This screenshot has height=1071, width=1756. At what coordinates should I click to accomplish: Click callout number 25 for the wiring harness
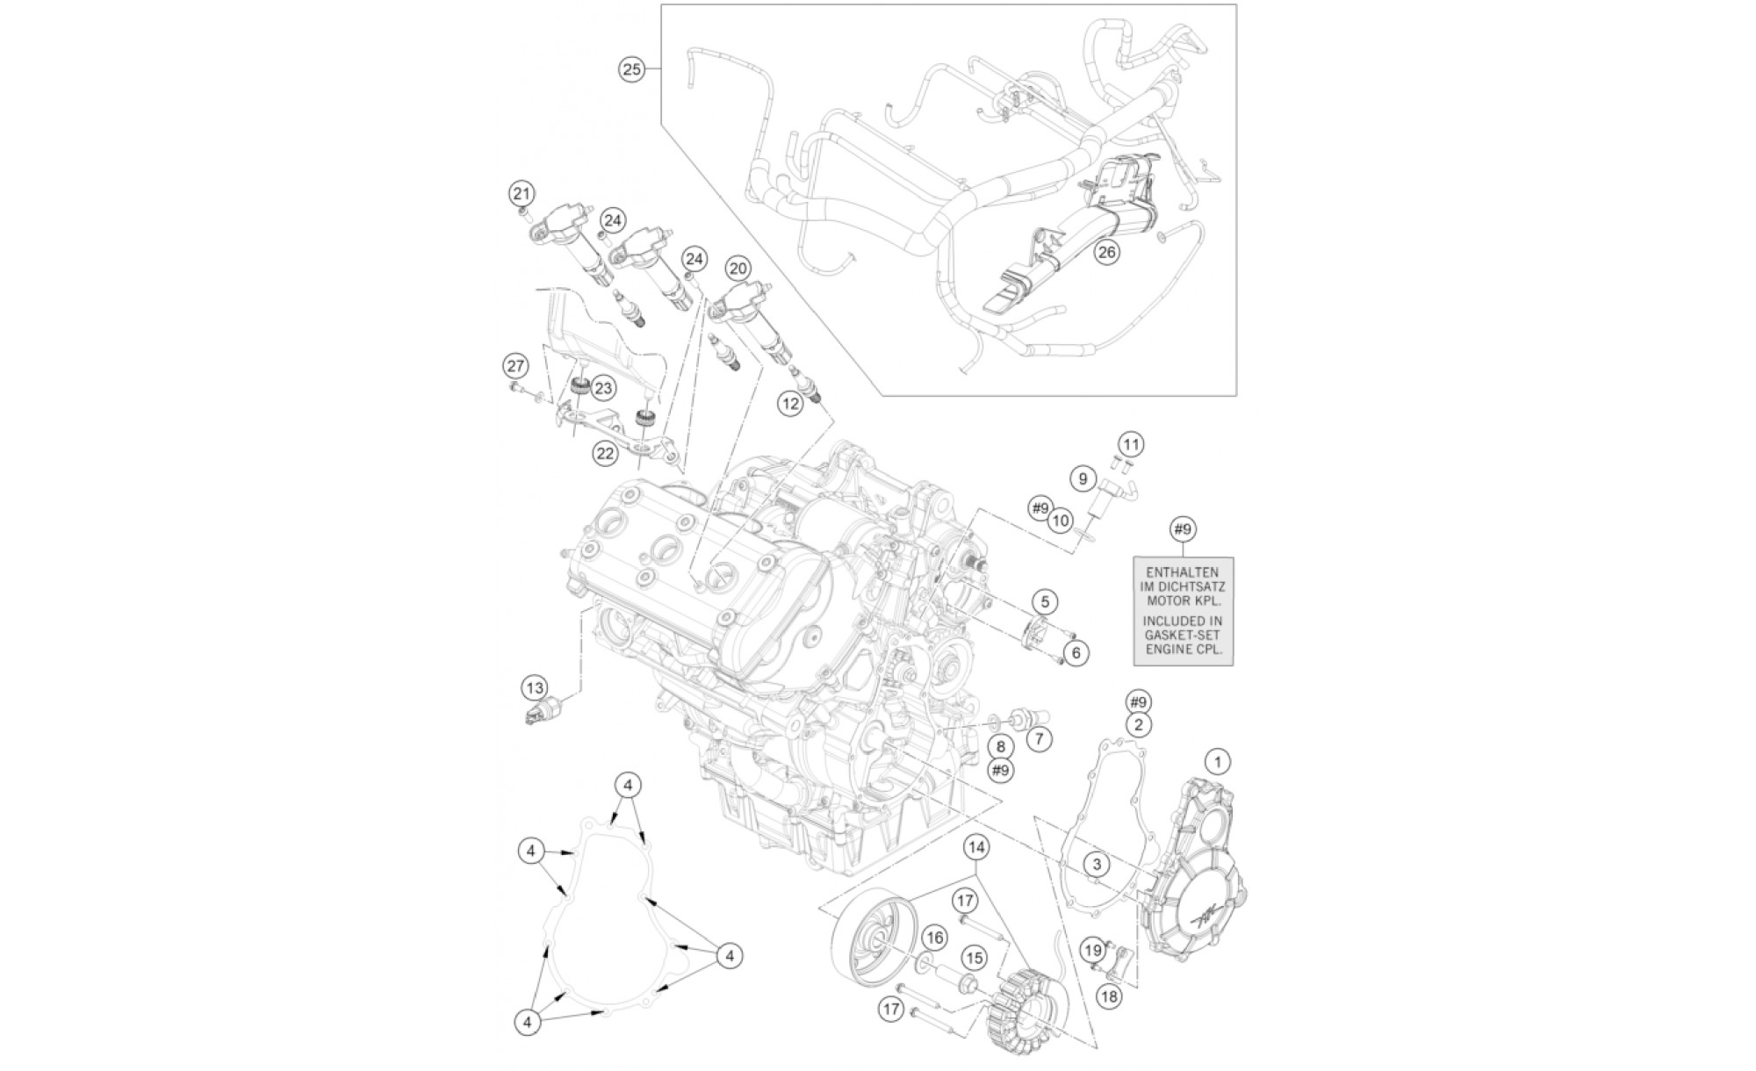(x=632, y=69)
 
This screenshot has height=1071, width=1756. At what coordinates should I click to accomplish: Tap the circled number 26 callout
(x=1106, y=253)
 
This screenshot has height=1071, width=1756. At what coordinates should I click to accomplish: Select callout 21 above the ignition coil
(x=521, y=194)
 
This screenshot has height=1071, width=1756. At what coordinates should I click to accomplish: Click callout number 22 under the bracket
(x=605, y=453)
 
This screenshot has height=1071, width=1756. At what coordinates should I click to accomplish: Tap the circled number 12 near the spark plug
(x=790, y=403)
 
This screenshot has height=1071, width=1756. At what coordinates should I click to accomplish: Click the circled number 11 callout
(x=1132, y=444)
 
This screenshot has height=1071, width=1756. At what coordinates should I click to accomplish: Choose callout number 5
(x=1045, y=602)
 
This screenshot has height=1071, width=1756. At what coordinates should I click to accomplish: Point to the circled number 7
(x=1039, y=739)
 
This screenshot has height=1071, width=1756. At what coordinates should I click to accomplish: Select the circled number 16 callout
(x=934, y=938)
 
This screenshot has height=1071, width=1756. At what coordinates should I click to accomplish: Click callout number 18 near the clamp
(x=1110, y=996)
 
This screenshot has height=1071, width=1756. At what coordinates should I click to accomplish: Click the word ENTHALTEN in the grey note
(x=1183, y=571)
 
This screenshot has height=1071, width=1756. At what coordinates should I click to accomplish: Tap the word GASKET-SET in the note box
(x=1182, y=635)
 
